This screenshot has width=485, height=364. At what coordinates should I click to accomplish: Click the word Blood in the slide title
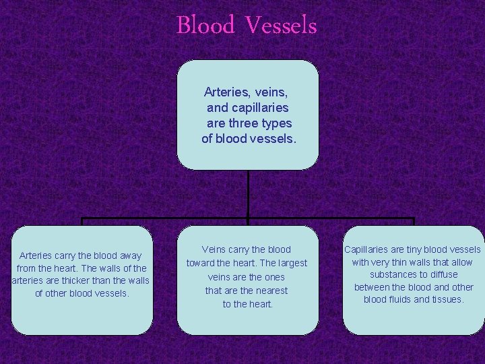205,26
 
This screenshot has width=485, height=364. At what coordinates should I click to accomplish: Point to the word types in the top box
275,123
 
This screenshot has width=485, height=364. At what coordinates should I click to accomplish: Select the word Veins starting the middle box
214,249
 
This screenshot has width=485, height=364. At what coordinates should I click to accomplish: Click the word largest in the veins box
289,263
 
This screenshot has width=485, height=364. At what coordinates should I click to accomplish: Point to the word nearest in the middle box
269,291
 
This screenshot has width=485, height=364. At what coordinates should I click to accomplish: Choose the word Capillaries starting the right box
368,249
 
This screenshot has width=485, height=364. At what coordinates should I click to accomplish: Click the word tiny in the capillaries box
419,249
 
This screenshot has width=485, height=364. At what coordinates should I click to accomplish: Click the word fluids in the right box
403,299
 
